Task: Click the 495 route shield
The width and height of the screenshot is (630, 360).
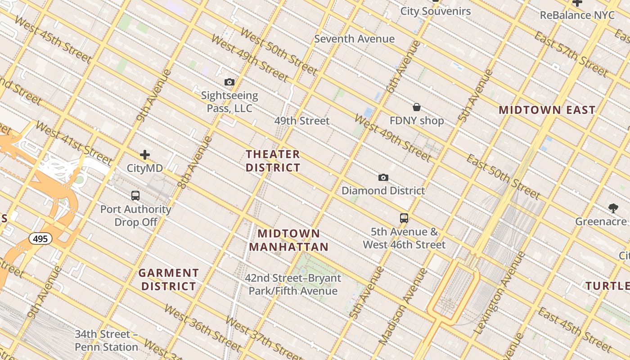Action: (40, 238)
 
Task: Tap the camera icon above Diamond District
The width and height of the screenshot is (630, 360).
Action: (383, 178)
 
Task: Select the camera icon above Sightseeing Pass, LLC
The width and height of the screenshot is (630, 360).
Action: (229, 82)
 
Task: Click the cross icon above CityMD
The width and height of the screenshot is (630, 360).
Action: (145, 155)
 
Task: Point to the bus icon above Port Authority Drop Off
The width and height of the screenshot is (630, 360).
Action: (135, 196)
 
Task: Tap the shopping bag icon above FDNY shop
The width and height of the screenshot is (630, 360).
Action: (417, 108)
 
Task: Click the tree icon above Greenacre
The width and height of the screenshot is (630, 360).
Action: (613, 208)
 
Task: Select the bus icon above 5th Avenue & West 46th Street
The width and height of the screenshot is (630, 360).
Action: (404, 218)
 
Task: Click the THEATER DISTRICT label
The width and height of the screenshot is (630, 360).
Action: (273, 161)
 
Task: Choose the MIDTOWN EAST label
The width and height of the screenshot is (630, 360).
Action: (547, 110)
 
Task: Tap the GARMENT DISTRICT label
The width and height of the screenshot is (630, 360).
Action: (169, 279)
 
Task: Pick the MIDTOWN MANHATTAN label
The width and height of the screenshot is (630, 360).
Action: (289, 240)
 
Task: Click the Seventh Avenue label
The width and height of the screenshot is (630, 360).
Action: (354, 39)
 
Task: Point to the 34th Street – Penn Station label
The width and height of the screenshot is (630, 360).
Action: (106, 341)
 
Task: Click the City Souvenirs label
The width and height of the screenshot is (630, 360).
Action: (436, 11)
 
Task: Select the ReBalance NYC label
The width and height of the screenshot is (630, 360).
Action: (577, 15)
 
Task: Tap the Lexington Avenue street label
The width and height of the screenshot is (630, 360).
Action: (500, 293)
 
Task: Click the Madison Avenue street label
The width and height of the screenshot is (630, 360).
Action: (403, 306)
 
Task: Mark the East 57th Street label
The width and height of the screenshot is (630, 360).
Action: (571, 54)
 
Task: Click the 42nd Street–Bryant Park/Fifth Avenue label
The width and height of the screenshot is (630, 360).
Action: (293, 284)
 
